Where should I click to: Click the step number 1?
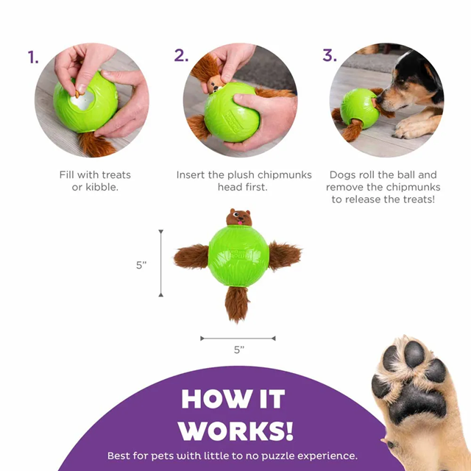point(33,57)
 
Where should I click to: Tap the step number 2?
point(181,56)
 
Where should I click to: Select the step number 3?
point(329,56)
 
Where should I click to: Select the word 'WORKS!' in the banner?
point(236,430)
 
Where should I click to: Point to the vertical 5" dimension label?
point(142,265)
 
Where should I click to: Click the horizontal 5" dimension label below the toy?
point(238,350)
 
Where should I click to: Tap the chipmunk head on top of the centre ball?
point(238,217)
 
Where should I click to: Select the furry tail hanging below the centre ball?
point(237,303)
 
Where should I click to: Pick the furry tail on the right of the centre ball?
point(285,255)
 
